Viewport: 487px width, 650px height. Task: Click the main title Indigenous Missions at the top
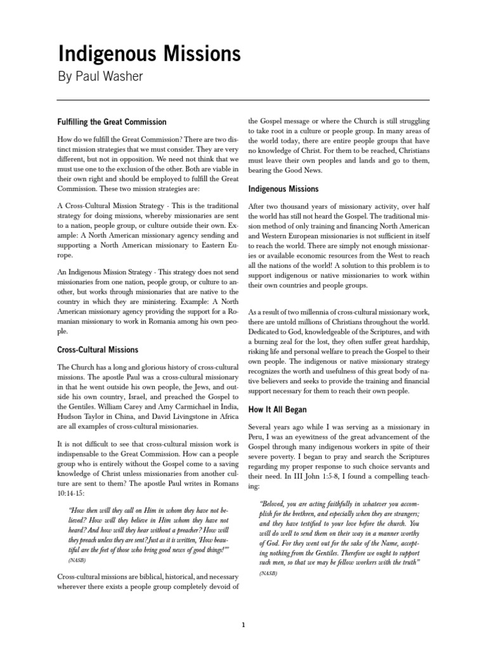[150, 55]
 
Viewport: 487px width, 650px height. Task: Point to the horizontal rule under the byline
[243, 100]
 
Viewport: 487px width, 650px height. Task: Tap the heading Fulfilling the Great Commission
[112, 122]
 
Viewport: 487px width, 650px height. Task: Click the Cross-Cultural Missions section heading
[97, 350]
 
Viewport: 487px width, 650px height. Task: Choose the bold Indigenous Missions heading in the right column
[283, 189]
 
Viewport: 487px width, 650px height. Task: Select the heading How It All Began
[277, 410]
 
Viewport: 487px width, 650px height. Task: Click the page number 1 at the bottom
[243, 625]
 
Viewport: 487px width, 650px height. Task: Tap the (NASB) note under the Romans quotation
[75, 562]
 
